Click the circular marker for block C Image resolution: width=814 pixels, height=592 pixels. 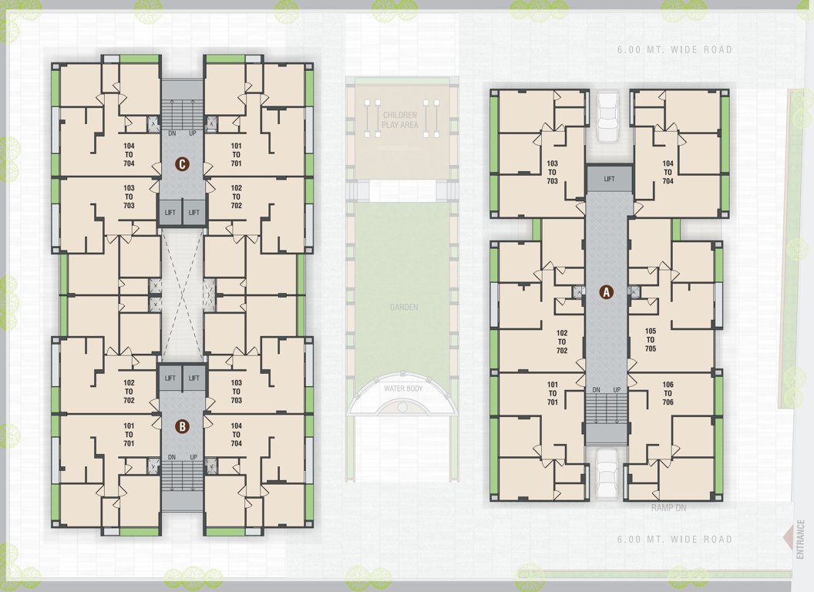pyautogui.click(x=182, y=164)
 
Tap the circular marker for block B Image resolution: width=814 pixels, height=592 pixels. pyautogui.click(x=182, y=425)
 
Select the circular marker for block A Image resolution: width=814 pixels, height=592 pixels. pyautogui.click(x=607, y=292)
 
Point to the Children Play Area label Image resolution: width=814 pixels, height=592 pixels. pyautogui.click(x=400, y=119)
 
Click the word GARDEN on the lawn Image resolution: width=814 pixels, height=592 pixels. pyautogui.click(x=403, y=308)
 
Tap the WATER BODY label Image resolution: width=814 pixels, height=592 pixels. pyautogui.click(x=403, y=388)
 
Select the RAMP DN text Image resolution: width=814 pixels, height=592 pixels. pyautogui.click(x=668, y=509)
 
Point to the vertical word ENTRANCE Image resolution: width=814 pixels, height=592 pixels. pyautogui.click(x=802, y=539)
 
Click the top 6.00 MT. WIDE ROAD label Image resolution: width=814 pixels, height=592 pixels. pyautogui.click(x=674, y=50)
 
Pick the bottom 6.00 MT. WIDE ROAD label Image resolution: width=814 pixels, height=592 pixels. pyautogui.click(x=674, y=540)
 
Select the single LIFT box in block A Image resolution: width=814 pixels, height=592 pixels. pyautogui.click(x=609, y=179)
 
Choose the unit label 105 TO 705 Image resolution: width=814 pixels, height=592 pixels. pyautogui.click(x=651, y=340)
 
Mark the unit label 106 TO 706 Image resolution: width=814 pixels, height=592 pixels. pyautogui.click(x=668, y=394)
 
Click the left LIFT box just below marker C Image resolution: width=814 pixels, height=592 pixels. pyautogui.click(x=170, y=213)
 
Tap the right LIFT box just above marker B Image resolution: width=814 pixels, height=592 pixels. pyautogui.click(x=194, y=378)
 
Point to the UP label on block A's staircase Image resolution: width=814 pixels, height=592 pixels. pyautogui.click(x=617, y=390)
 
